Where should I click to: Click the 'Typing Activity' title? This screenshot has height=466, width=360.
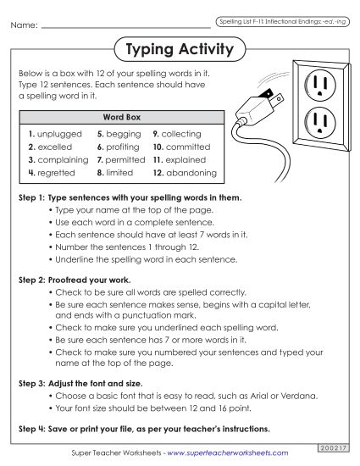pos(179,50)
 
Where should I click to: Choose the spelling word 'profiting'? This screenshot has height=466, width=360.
pos(124,146)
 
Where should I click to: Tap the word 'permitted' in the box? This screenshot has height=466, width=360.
pos(126,158)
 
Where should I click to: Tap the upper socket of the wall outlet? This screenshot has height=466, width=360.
pos(318,85)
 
